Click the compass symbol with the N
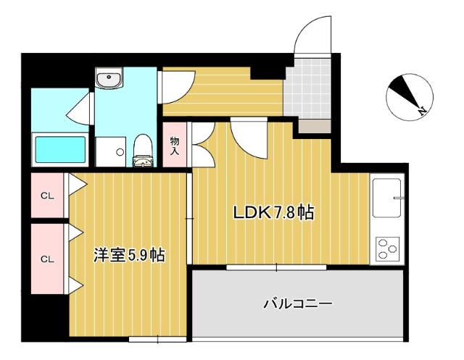[x=409, y=97]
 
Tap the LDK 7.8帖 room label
[x=273, y=213]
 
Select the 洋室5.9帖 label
[x=128, y=255]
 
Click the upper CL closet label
[x=47, y=195]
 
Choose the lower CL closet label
[x=47, y=259]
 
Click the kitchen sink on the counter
[x=390, y=198]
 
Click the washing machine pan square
[x=111, y=151]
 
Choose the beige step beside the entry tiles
[x=312, y=125]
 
